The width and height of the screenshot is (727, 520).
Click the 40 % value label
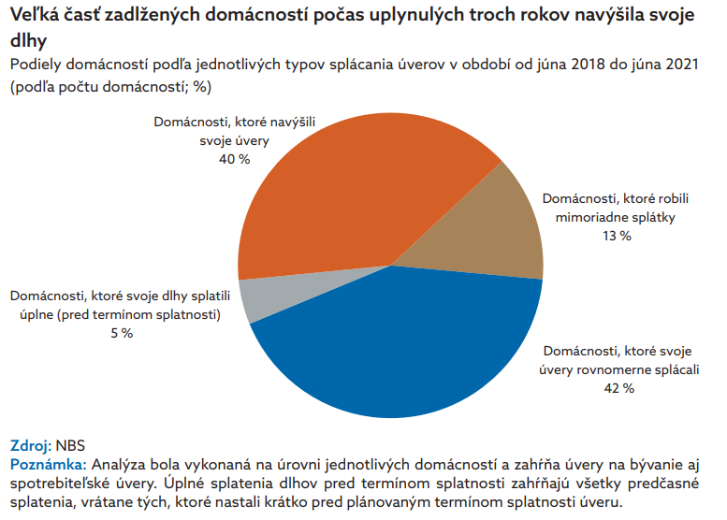234,159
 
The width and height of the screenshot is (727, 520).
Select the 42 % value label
616,387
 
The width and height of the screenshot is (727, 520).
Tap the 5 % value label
116,333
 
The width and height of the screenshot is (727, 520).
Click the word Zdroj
29,445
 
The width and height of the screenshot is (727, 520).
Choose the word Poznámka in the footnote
48,463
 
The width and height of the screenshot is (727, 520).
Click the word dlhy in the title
26,41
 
